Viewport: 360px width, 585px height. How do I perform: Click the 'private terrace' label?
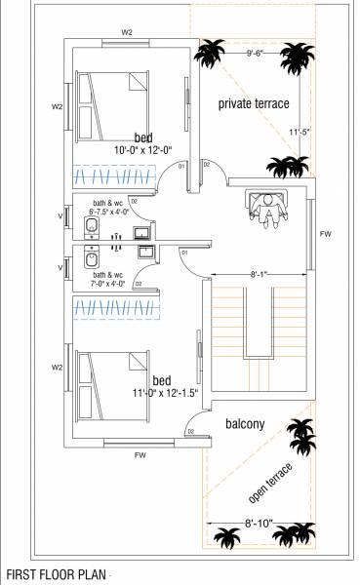pos(253,102)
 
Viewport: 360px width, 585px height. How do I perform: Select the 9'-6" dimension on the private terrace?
pos(257,54)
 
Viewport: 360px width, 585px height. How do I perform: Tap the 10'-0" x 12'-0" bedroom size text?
pos(142,151)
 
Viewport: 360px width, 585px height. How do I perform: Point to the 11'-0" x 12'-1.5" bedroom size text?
pos(163,392)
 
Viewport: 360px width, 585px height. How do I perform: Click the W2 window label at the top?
pos(127,32)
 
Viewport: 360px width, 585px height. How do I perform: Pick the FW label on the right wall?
pos(325,235)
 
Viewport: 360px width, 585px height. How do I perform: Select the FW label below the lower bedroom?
pos(140,453)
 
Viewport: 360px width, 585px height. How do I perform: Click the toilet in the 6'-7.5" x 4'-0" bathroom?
pos(90,228)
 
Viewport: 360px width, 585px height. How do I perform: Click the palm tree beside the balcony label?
pos(300,432)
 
